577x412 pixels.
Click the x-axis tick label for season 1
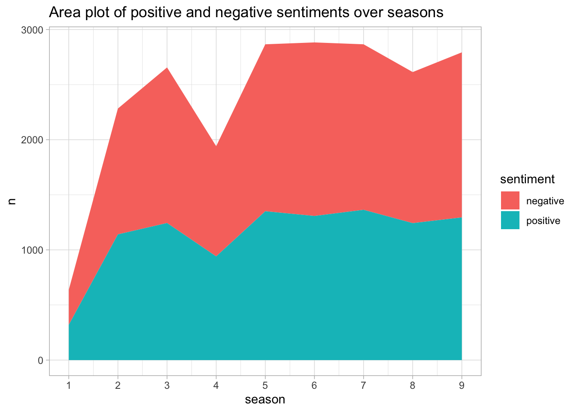click(x=69, y=385)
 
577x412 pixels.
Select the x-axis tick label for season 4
click(x=216, y=385)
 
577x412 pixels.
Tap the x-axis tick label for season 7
click(x=364, y=385)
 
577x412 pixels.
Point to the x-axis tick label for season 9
click(x=462, y=385)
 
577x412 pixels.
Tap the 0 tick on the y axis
click(x=40, y=360)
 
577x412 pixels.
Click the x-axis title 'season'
click(x=265, y=400)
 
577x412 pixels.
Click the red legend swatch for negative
click(x=510, y=200)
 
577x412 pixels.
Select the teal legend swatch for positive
click(x=510, y=220)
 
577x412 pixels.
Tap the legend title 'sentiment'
click(x=528, y=179)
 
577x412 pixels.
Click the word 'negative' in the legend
click(x=545, y=201)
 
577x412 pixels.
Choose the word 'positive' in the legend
click(x=543, y=221)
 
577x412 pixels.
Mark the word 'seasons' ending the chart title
click(x=415, y=12)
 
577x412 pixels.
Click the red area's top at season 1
click(x=69, y=291)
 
